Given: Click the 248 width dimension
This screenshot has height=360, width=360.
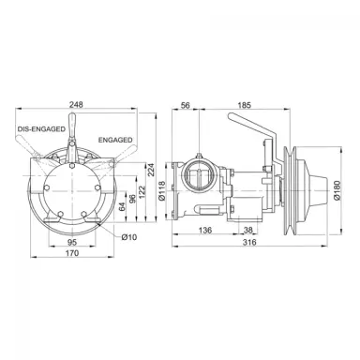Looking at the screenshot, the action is [76, 104].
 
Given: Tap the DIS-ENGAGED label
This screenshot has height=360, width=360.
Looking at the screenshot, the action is [41, 128].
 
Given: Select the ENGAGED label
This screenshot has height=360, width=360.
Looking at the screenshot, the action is [115, 140].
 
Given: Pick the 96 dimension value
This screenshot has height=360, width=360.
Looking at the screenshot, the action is [132, 198].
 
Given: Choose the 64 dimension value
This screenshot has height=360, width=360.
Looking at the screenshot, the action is [122, 206].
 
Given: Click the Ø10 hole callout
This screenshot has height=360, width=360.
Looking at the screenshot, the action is [129, 237].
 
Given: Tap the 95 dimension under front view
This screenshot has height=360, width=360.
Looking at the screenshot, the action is [72, 242].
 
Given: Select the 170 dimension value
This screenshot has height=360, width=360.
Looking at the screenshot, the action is [72, 252].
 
